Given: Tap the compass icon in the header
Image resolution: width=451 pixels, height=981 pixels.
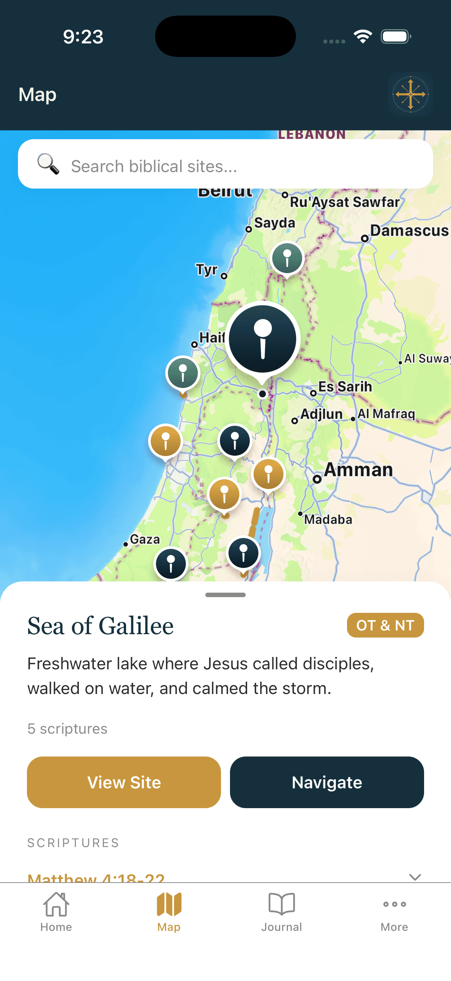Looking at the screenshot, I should click(410, 94).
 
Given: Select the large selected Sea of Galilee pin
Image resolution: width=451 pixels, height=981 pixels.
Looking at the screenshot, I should click(262, 339).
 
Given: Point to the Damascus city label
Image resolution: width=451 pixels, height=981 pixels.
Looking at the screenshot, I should click(409, 231).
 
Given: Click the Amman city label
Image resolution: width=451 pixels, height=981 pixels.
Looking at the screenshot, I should click(358, 470).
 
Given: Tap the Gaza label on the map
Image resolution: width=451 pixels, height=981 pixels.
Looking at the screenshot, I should click(145, 539).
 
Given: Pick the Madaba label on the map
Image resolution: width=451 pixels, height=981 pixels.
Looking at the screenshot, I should click(328, 519).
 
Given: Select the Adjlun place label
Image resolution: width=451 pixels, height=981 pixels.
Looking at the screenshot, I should click(322, 414).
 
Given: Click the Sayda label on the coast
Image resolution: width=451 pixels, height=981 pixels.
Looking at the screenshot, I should click(274, 223).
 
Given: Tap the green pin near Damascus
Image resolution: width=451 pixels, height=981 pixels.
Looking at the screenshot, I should click(287, 258).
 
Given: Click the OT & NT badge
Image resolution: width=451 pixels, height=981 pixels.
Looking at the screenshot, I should click(385, 625).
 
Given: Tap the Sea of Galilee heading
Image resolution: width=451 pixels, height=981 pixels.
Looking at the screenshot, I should click(101, 626).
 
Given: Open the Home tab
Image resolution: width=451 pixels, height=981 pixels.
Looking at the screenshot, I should click(56, 911).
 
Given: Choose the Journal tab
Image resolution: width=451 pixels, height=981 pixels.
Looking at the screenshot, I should click(282, 911).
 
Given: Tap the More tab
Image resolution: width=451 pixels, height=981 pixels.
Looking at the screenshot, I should click(394, 911).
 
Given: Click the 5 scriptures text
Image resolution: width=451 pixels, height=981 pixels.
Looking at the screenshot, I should click(67, 728).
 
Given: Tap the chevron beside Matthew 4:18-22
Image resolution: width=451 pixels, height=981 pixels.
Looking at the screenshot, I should click(415, 877).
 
